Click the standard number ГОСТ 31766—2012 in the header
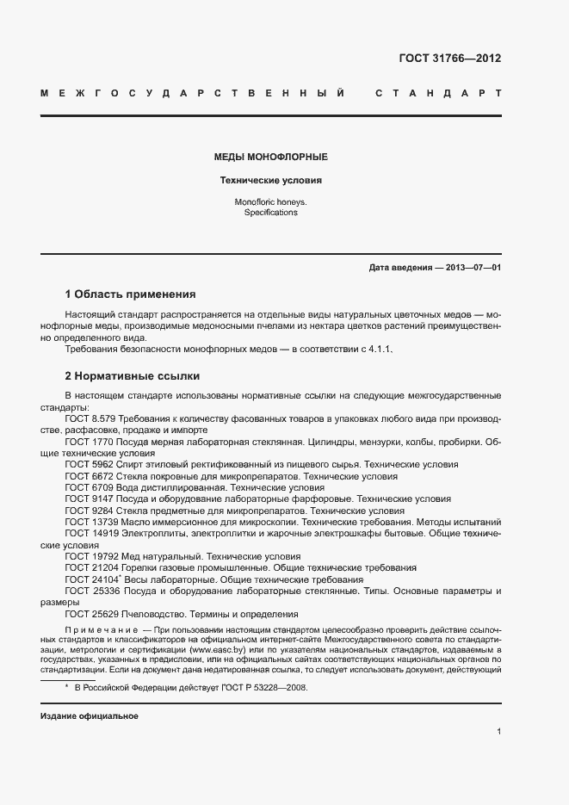coord(449,59)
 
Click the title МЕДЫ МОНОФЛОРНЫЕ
coord(270,158)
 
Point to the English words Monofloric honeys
coord(270,201)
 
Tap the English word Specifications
coord(270,212)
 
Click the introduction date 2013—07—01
coord(473,268)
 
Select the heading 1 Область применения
coord(131,294)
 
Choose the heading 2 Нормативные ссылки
coord(133,376)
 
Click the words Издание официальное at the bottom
coord(90,716)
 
